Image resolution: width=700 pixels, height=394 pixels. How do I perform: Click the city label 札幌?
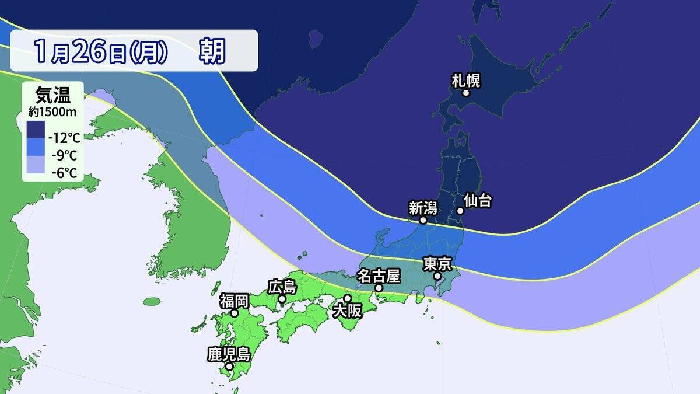(x=466, y=80)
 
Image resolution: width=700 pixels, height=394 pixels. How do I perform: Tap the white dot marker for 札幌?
(x=466, y=93)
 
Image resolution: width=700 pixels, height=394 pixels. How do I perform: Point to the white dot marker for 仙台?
(x=460, y=211)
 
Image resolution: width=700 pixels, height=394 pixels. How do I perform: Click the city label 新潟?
(x=423, y=208)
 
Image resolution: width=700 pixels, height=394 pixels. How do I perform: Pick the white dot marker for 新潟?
(x=423, y=221)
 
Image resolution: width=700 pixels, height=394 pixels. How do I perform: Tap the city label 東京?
(x=437, y=264)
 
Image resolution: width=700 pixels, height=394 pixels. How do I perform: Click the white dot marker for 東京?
(x=437, y=276)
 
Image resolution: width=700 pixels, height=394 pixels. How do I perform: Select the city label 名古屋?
(x=379, y=275)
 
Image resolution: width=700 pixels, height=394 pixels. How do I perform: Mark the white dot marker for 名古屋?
(x=379, y=288)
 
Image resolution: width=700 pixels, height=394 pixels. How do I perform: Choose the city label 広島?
(x=282, y=287)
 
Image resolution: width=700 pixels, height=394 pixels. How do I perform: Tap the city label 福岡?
(x=235, y=301)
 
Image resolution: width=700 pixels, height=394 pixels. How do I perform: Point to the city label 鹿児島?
(x=229, y=354)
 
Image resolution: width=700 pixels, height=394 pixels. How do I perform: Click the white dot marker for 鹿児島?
(x=229, y=367)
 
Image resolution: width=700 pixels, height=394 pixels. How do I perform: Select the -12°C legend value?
(x=65, y=138)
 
